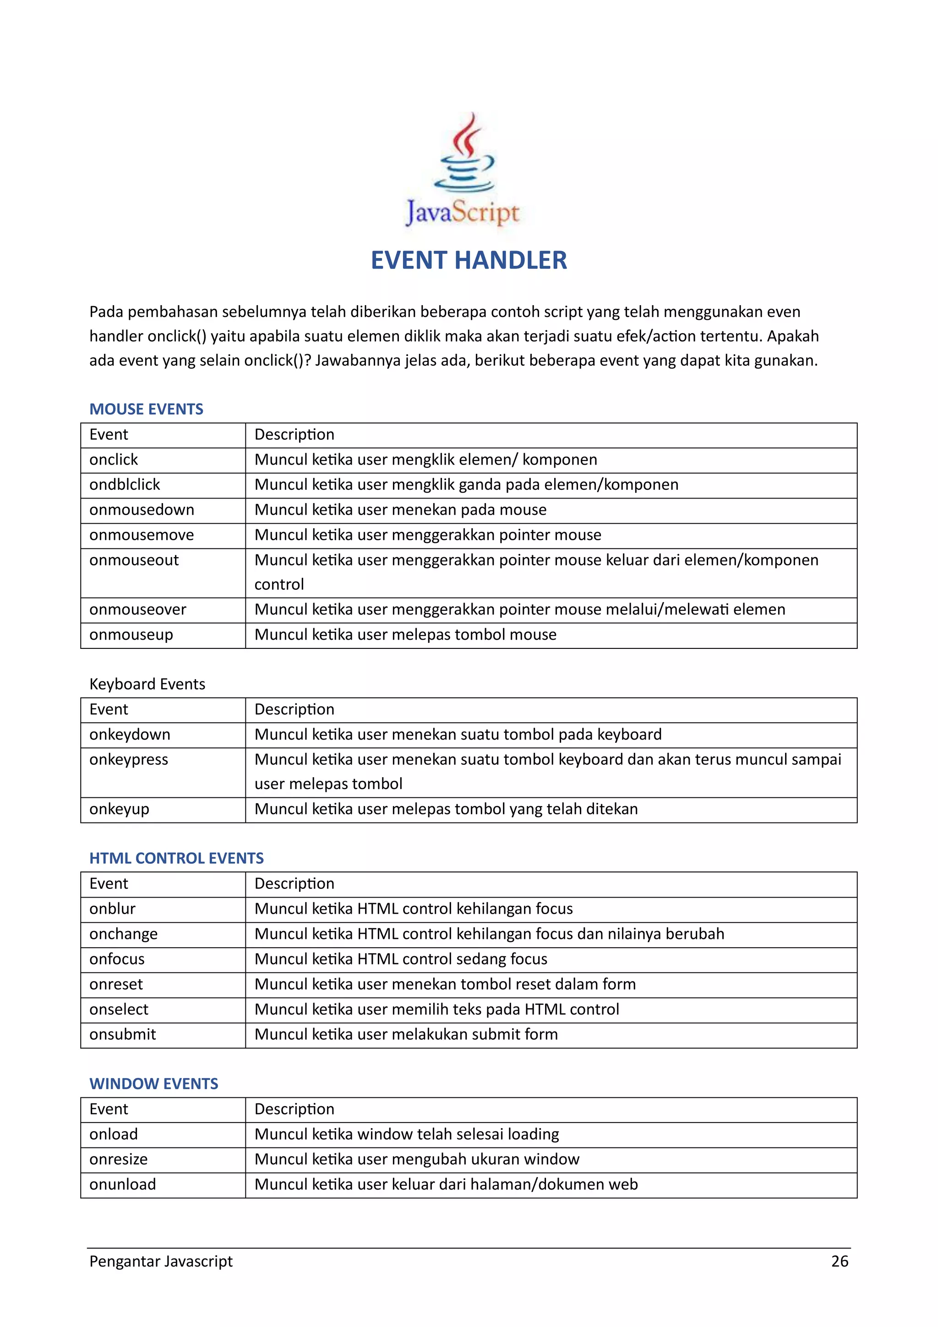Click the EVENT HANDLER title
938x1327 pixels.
coord(469,261)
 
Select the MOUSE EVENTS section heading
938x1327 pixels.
coord(146,409)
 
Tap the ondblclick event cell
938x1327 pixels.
coord(125,485)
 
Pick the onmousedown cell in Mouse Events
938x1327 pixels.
coord(142,510)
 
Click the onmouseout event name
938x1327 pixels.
coord(134,560)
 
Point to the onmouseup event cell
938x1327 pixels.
coord(131,635)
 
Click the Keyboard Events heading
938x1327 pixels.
coord(147,684)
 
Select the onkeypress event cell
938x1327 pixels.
coord(129,759)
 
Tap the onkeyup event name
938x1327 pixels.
coord(120,809)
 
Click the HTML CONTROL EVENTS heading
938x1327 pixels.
coord(176,858)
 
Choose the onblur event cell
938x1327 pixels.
coord(112,909)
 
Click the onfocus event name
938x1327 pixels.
coord(117,960)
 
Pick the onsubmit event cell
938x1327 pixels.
coord(122,1035)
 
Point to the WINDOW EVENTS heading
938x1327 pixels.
coord(153,1084)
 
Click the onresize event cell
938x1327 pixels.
coord(119,1159)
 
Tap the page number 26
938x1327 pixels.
coord(839,1261)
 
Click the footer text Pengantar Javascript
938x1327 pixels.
coord(161,1261)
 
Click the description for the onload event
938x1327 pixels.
coord(407,1135)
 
